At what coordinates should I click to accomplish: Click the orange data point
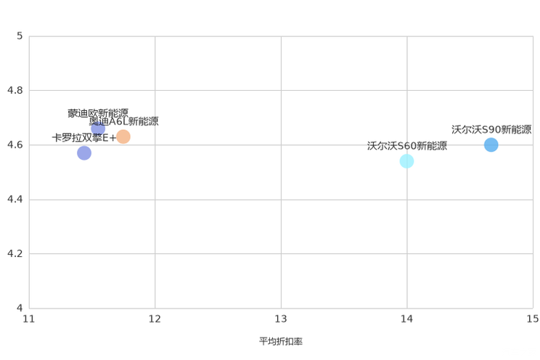123,136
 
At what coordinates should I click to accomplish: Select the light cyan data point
406,160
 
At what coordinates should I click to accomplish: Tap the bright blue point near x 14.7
491,144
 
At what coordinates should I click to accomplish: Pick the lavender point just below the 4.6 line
84,153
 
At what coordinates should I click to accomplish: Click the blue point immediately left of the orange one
98,128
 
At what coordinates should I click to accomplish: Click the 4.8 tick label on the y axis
15,90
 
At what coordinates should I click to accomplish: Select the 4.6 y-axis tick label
15,144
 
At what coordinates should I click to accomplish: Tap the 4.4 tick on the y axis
15,199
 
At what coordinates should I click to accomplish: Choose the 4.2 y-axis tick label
15,253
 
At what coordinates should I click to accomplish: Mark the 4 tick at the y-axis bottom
20,307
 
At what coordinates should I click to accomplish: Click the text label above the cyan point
406,145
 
